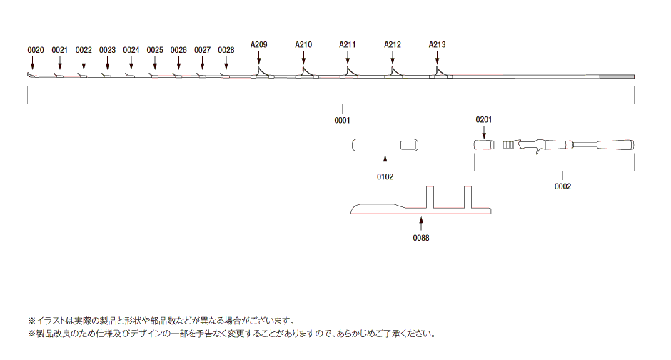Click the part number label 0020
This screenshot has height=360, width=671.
click(36, 50)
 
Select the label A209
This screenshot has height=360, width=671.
click(259, 44)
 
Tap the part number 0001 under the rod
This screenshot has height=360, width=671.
click(343, 121)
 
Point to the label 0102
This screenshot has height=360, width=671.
click(385, 177)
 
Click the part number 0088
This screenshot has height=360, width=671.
click(421, 238)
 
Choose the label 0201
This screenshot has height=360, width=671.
click(484, 120)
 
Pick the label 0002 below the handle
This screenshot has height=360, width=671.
click(562, 186)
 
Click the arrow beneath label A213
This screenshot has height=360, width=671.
click(437, 57)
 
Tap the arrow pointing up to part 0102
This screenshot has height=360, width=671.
click(385, 162)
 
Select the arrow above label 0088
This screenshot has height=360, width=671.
click(421, 224)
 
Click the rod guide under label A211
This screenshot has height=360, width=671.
click(351, 73)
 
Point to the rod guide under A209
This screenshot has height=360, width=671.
click(262, 73)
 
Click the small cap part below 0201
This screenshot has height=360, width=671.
click(484, 145)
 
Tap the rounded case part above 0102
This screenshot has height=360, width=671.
click(385, 145)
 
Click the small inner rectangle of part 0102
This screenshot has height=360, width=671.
click(408, 146)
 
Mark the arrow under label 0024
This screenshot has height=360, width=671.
click(131, 63)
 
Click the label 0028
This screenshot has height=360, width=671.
click(226, 50)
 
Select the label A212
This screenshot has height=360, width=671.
click(393, 44)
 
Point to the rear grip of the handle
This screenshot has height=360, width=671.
click(615, 145)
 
